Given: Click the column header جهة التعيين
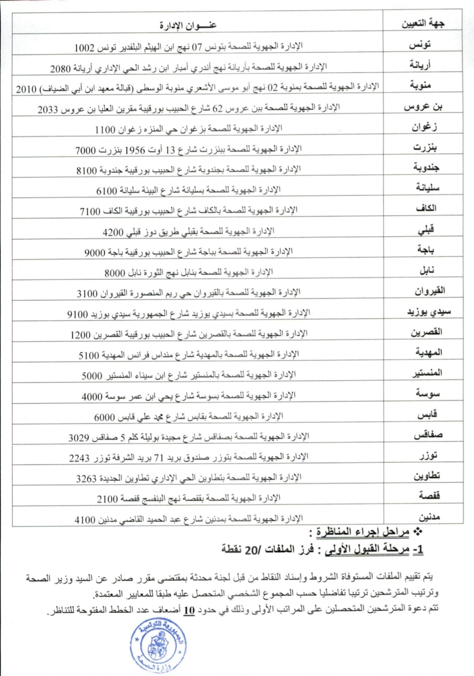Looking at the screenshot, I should click(423, 23).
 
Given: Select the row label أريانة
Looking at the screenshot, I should click(420, 65).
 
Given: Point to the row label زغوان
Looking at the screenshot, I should click(424, 127).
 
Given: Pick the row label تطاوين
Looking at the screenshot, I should click(427, 476).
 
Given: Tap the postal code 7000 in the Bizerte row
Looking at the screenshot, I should click(85, 151).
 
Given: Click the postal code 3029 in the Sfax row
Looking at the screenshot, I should click(79, 438).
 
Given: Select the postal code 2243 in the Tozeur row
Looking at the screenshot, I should click(79, 458).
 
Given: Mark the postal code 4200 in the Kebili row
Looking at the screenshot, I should click(113, 233).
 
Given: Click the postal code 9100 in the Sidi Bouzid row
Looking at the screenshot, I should click(77, 314).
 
